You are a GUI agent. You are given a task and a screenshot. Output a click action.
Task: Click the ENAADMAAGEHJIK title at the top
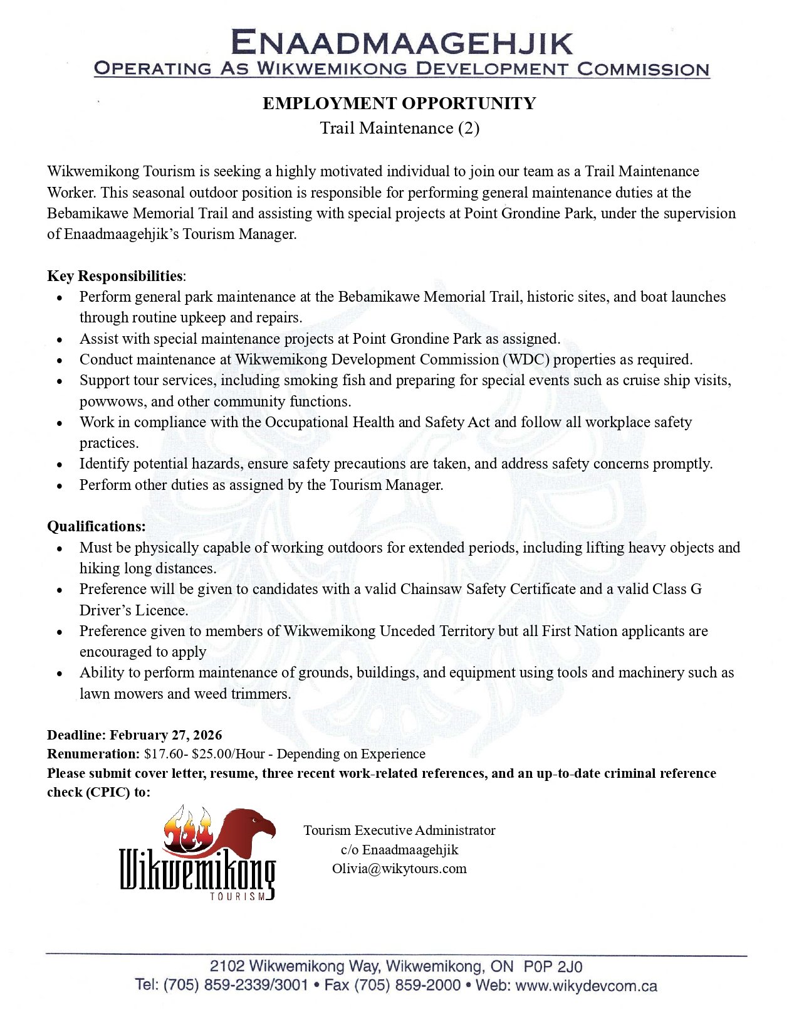402,43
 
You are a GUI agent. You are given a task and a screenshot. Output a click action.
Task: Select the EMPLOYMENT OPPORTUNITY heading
399,103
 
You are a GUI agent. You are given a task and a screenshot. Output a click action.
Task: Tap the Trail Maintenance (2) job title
399,128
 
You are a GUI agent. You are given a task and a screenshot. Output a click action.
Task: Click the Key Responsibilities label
115,276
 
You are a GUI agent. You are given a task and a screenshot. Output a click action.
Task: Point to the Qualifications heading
96,526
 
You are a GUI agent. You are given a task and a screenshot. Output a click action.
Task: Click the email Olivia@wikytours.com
399,869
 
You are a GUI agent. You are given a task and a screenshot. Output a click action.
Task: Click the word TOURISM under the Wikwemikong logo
238,896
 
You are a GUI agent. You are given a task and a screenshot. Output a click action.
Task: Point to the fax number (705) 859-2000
408,985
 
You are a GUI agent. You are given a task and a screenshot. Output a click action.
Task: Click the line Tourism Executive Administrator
399,831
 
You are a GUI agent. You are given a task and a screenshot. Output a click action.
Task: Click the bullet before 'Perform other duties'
60,486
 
